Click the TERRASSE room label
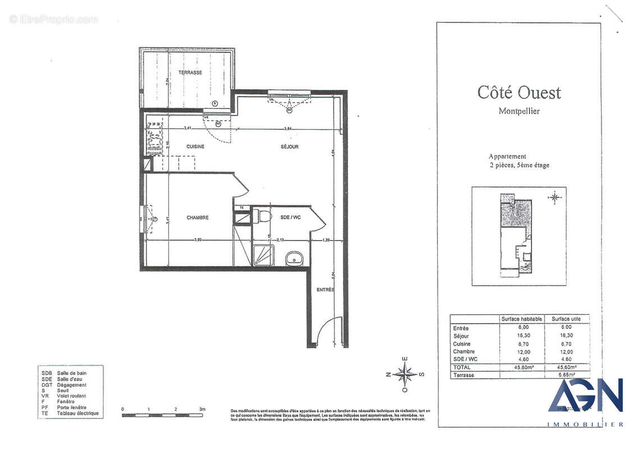pos(190,73)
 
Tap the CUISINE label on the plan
pos(195,146)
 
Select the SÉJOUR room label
pos(290,146)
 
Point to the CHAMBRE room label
pos(198,218)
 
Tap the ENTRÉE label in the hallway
pos(325,290)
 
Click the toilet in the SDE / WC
pos(263,217)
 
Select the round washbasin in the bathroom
pos(294,258)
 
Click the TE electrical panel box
pos(241,208)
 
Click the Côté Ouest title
pos(519,92)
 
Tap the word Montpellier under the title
pos(519,111)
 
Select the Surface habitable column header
pos(522,319)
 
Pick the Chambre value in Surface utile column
pos(566,351)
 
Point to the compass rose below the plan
pos(404,374)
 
